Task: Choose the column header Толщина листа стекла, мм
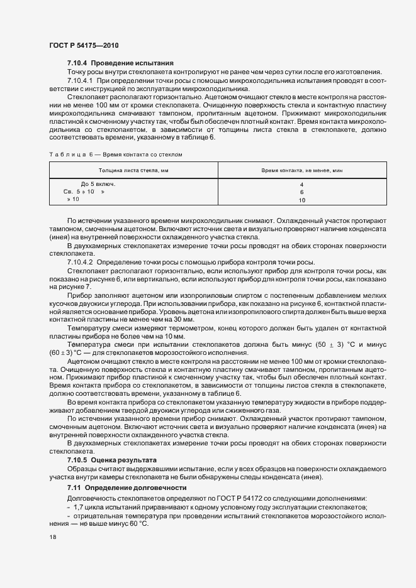133,171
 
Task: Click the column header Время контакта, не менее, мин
301,171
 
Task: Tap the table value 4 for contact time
301,185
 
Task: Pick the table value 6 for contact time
301,192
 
